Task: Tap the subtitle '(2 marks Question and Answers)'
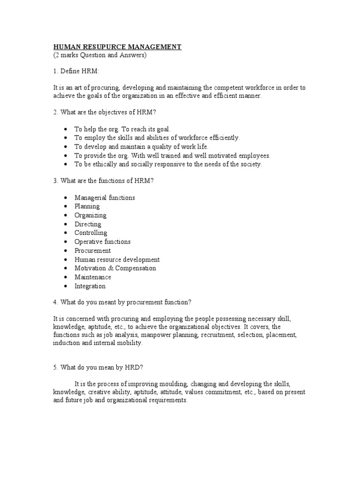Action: (x=100, y=55)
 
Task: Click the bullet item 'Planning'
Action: (x=87, y=206)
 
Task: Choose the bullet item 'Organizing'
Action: (x=90, y=215)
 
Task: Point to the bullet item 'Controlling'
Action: (x=91, y=233)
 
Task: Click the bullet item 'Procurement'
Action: (x=93, y=250)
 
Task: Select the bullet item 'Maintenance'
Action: (x=93, y=277)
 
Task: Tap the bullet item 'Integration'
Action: (x=90, y=286)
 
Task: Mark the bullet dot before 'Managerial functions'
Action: (x=64, y=198)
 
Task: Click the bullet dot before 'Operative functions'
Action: (x=64, y=242)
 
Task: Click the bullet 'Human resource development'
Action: (x=117, y=259)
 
